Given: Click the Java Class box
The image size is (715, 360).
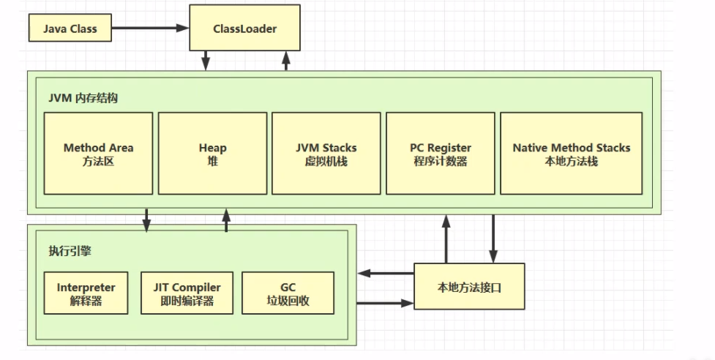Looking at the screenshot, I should tap(70, 29).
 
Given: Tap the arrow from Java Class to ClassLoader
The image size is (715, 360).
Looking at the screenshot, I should tap(150, 29).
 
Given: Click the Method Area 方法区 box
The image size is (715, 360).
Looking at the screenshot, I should tap(98, 153).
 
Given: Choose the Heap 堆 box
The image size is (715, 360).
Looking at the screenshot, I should tap(212, 153).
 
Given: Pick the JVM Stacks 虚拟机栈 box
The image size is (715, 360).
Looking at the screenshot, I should tap(326, 153).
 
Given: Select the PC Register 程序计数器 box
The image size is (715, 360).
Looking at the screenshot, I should tap(440, 153).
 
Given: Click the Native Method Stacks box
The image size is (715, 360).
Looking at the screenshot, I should tap(571, 153).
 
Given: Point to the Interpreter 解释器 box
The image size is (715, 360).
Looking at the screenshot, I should tap(86, 293).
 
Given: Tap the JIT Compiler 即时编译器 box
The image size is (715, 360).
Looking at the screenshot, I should tap(187, 293).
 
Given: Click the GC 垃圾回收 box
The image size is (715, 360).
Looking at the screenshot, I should tap(288, 293).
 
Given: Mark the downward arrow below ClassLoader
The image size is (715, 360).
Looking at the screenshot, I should tap(206, 60).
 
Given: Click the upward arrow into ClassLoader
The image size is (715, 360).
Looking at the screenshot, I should tap(286, 60).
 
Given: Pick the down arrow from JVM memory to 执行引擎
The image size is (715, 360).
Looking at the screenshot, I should tap(146, 220).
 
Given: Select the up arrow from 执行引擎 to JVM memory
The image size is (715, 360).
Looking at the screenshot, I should tap(226, 220).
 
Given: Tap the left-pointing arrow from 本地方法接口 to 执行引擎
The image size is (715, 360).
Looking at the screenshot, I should tap(386, 274).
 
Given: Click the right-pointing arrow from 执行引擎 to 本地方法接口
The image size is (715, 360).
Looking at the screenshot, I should tap(386, 301).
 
